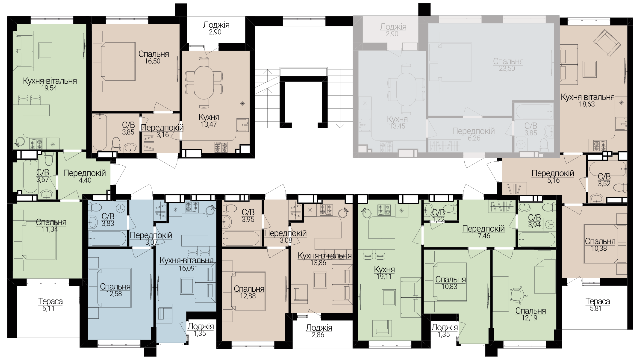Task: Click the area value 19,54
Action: [x=50, y=88]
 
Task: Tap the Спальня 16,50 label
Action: [x=153, y=57]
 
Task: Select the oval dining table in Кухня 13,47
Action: [x=204, y=82]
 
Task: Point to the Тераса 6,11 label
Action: [x=51, y=305]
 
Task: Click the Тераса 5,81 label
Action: [x=598, y=305]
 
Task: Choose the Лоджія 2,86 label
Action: [x=319, y=331]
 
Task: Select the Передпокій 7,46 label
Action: [x=483, y=232]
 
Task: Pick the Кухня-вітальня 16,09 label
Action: [x=187, y=264]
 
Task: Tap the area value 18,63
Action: [x=587, y=104]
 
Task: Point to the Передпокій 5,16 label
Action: [x=553, y=177]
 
